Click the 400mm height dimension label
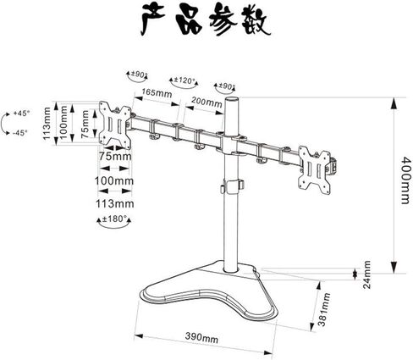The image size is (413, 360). coord(405,180)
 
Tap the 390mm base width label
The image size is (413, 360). coord(201,338)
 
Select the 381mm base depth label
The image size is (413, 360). coord(323,309)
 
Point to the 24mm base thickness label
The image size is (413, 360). coord(366,274)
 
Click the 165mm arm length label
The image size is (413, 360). coord(157,92)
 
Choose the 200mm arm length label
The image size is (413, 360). coord(206,102)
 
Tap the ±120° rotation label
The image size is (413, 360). coord(184,80)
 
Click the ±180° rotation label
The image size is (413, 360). coord(114,219)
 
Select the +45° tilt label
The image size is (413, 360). coord(21,114)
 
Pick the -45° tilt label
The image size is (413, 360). coord(20,132)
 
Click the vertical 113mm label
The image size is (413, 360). coord(47,124)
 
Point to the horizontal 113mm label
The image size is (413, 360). coord(114,203)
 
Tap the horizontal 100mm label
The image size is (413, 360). coord(114,180)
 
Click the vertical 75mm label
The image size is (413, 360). coord(85,124)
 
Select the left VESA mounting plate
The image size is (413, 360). coord(115,125)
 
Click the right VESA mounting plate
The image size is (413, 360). coord(316,169)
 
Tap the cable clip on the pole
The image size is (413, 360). coord(233,186)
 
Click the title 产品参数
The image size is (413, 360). coord(206,21)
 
